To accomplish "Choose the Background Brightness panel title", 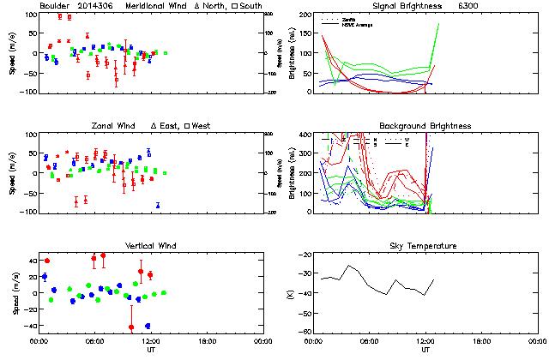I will pyautogui.click(x=425, y=126).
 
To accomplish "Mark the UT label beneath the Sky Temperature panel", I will pyautogui.click(x=425, y=350).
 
